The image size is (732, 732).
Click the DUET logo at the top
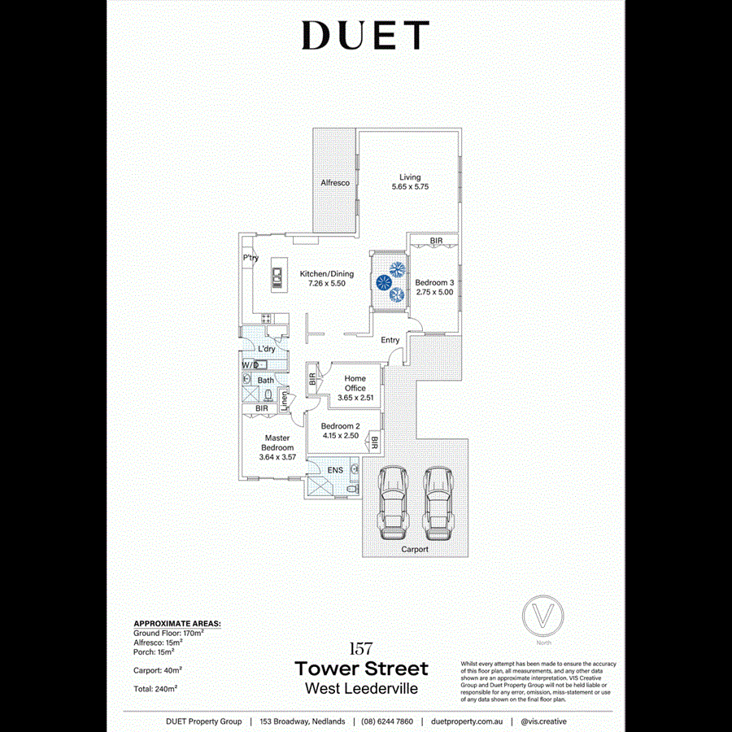[364, 36]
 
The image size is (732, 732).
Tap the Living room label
[410, 176]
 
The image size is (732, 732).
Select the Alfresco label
[335, 183]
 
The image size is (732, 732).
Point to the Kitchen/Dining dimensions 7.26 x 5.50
[327, 284]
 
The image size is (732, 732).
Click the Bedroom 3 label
[434, 282]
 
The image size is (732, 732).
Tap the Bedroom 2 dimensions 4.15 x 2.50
[340, 436]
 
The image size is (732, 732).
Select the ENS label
[335, 470]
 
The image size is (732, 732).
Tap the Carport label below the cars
[415, 550]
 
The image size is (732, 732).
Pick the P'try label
[251, 259]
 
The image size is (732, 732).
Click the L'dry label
[267, 349]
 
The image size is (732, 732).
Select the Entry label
[390, 340]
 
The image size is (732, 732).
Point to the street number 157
[360, 648]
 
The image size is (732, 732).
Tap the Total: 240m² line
[155, 688]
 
